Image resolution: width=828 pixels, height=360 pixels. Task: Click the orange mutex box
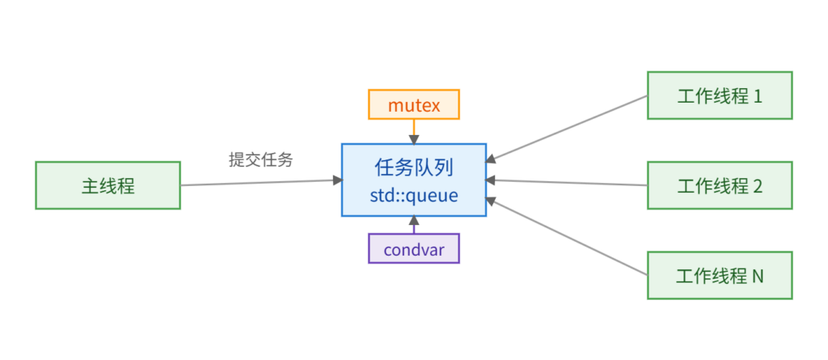tap(413, 105)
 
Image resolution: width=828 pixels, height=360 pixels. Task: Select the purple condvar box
tap(413, 249)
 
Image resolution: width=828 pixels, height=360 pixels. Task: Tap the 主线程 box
tap(108, 185)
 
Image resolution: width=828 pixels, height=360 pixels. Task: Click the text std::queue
tap(413, 195)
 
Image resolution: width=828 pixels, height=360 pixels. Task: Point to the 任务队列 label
tap(413, 167)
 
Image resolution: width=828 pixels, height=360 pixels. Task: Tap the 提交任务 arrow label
tap(260, 160)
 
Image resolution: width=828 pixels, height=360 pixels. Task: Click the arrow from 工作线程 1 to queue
tap(566, 129)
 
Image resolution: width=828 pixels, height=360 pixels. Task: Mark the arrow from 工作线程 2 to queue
tap(566, 183)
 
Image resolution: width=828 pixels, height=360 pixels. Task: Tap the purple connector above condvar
tap(413, 226)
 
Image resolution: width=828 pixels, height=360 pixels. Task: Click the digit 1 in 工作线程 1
tap(758, 96)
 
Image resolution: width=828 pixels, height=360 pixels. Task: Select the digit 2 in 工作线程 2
tap(758, 186)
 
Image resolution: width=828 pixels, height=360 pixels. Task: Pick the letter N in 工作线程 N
tap(758, 276)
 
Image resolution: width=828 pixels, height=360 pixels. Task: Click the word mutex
tap(413, 105)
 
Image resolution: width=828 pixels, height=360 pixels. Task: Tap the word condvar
tap(413, 249)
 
